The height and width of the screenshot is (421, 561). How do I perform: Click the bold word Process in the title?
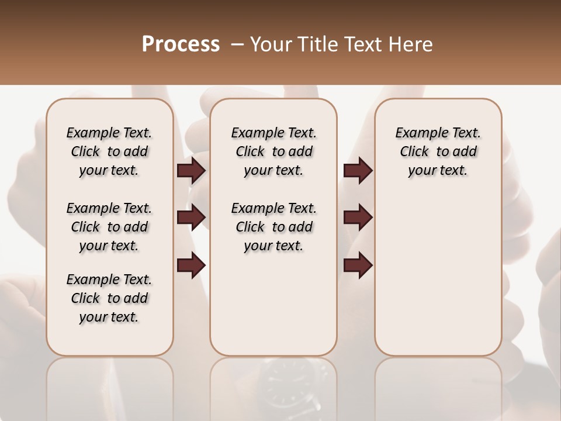pyautogui.click(x=181, y=44)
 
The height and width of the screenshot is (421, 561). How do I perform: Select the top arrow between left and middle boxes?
pyautogui.click(x=191, y=171)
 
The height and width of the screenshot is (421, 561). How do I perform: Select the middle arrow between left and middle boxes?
pyautogui.click(x=191, y=218)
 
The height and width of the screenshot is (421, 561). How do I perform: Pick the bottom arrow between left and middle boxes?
pyautogui.click(x=191, y=266)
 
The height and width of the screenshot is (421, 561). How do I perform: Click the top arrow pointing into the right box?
pyautogui.click(x=358, y=171)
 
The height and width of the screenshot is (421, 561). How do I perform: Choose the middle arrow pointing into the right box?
pyautogui.click(x=358, y=218)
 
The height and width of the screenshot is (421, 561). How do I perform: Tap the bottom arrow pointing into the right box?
pyautogui.click(x=358, y=266)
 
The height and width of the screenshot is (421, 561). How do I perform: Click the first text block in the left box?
pyautogui.click(x=109, y=151)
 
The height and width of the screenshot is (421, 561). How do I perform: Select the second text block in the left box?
pyautogui.click(x=109, y=227)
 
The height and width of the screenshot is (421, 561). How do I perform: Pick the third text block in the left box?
pyautogui.click(x=109, y=298)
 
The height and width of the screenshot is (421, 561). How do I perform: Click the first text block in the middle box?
pyautogui.click(x=273, y=151)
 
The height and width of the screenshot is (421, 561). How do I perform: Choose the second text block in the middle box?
pyautogui.click(x=273, y=227)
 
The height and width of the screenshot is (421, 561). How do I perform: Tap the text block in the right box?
pyautogui.click(x=438, y=151)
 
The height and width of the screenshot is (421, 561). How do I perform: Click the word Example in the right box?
pyautogui.click(x=417, y=133)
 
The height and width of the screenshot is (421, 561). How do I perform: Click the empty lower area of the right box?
pyautogui.click(x=438, y=281)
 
